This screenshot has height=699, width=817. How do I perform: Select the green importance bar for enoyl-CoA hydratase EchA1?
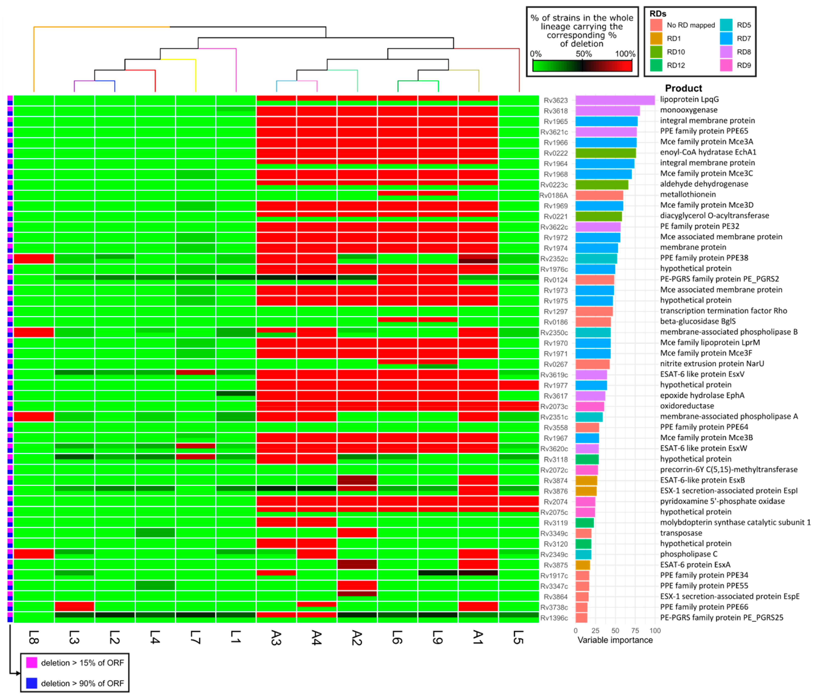coord(605,153)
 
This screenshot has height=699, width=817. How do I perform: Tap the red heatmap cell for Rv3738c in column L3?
coord(74,606)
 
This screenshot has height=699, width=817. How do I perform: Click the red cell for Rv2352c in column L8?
coord(34,259)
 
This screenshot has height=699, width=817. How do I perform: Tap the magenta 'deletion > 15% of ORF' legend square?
coord(32,663)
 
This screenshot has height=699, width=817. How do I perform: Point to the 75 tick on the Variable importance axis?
coord(635,630)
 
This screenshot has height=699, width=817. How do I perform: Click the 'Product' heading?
coord(683,88)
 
